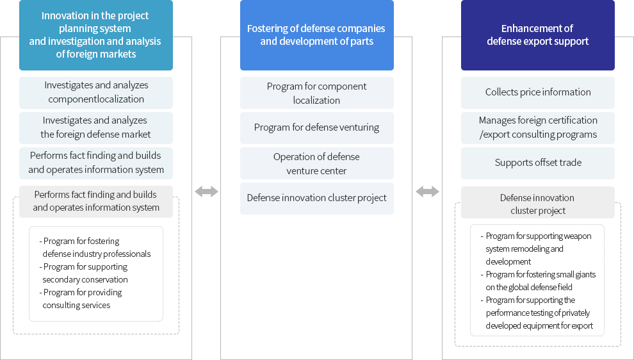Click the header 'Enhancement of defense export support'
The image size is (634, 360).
tap(538, 35)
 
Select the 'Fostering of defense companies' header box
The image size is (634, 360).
tap(316, 35)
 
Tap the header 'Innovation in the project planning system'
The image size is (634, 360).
tap(96, 35)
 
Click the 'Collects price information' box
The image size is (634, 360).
tap(538, 93)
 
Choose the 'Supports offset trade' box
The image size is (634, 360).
tap(538, 163)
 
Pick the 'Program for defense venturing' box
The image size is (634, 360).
tap(316, 128)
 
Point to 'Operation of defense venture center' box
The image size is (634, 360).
tap(316, 163)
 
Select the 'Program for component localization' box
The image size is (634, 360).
tap(316, 93)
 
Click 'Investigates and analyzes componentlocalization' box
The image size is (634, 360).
tap(96, 93)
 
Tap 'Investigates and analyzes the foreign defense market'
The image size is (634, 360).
tap(96, 128)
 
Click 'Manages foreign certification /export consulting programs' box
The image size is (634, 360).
tap(538, 128)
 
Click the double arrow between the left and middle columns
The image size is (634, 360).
tap(206, 192)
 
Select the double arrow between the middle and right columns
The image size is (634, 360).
tap(427, 192)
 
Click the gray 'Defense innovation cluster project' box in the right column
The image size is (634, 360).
tap(538, 202)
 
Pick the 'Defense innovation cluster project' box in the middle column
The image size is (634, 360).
tap(316, 198)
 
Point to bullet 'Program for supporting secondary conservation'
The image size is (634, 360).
tap(84, 273)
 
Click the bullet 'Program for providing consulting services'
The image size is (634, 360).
tap(81, 299)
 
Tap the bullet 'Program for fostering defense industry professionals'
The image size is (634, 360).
tap(95, 247)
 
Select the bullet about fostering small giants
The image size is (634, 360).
tap(538, 281)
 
